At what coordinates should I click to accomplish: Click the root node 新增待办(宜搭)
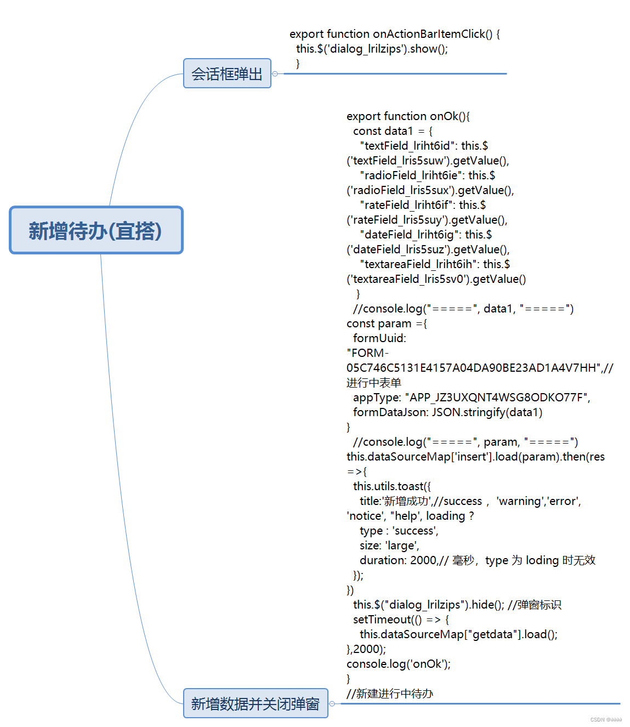(96, 230)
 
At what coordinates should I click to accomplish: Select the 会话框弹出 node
(227, 73)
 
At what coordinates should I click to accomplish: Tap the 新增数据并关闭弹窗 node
(256, 703)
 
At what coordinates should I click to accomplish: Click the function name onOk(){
(450, 116)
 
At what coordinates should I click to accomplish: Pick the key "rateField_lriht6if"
(406, 205)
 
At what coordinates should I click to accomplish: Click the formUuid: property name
(379, 338)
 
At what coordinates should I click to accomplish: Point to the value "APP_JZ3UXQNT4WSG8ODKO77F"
(496, 397)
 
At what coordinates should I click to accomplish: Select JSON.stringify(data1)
(487, 412)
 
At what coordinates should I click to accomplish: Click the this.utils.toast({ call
(391, 486)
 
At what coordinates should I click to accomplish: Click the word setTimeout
(382, 620)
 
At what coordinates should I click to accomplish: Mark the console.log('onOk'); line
(398, 664)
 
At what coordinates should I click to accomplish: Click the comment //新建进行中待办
(389, 694)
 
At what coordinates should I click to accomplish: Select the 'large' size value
(402, 546)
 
